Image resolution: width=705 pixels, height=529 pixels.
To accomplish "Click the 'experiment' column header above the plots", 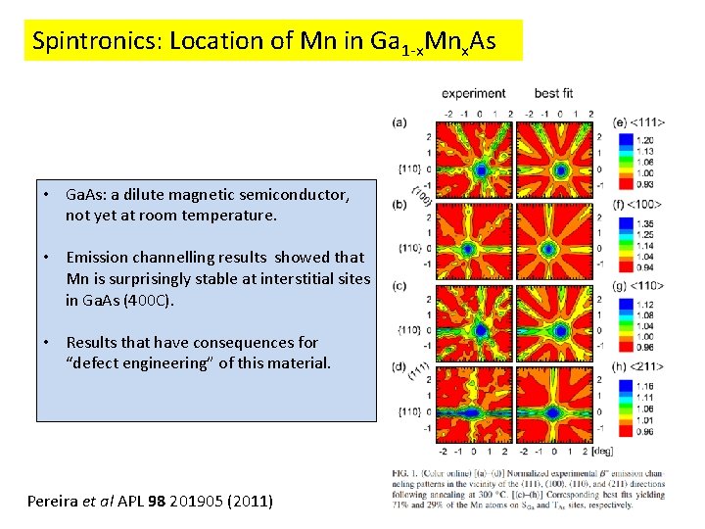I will point(474,94).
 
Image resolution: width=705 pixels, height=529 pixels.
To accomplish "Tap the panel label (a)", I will point(399,122).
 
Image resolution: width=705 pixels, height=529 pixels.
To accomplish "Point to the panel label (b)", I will point(399,205).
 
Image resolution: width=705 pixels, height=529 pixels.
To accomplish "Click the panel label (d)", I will point(399,367).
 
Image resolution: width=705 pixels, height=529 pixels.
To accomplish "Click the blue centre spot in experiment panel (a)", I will point(481,168).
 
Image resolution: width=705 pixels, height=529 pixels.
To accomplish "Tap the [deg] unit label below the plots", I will point(603,452).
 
